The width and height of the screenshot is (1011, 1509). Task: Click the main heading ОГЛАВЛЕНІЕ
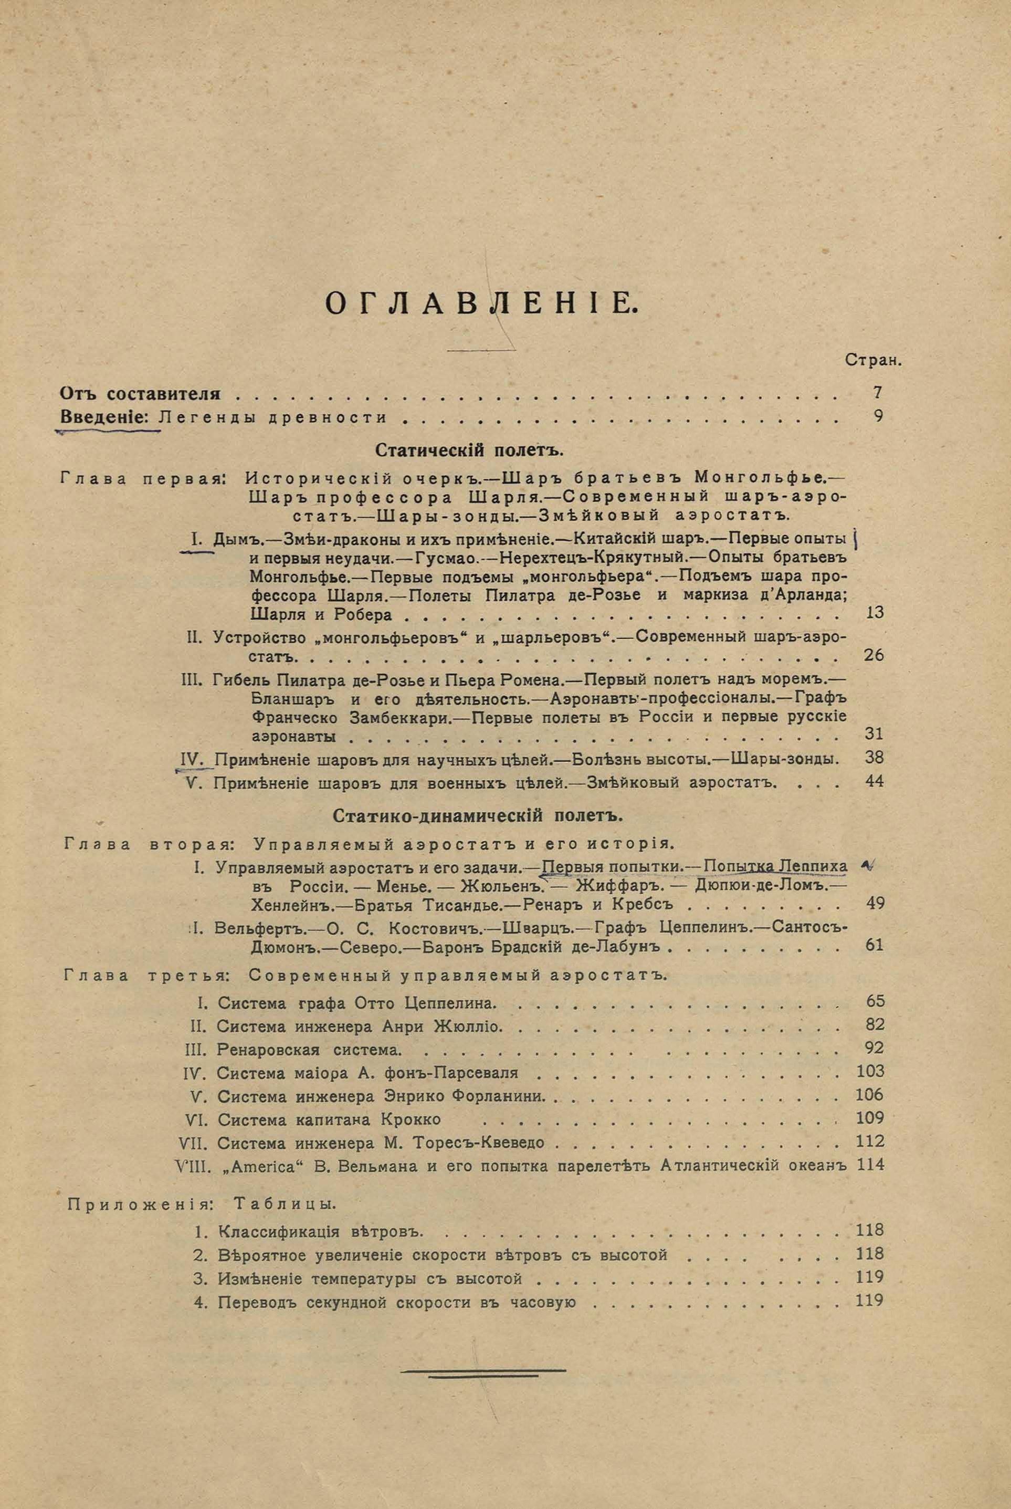coord(481,303)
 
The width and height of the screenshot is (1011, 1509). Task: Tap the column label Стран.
coord(872,361)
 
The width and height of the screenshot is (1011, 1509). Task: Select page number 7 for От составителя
coord(878,393)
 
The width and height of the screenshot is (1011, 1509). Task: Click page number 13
coord(875,613)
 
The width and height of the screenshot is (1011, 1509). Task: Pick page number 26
coord(872,656)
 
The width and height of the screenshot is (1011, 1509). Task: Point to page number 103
coord(869,1072)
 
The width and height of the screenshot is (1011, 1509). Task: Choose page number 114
coord(869,1165)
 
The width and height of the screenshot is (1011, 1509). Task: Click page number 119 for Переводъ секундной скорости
coord(869,1301)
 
